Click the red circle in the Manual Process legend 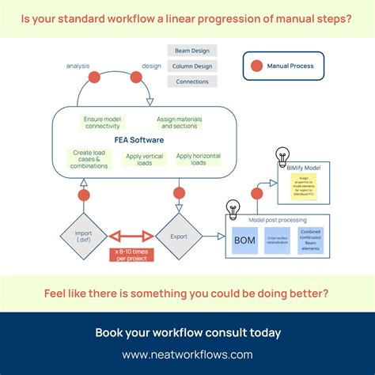256,66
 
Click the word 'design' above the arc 151,66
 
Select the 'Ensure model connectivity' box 101,122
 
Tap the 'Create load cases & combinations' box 88,158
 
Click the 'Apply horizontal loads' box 198,158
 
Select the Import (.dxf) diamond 84,235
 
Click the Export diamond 178,235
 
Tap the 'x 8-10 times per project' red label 131,254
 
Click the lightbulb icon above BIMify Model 281,155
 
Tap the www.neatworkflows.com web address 187,354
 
